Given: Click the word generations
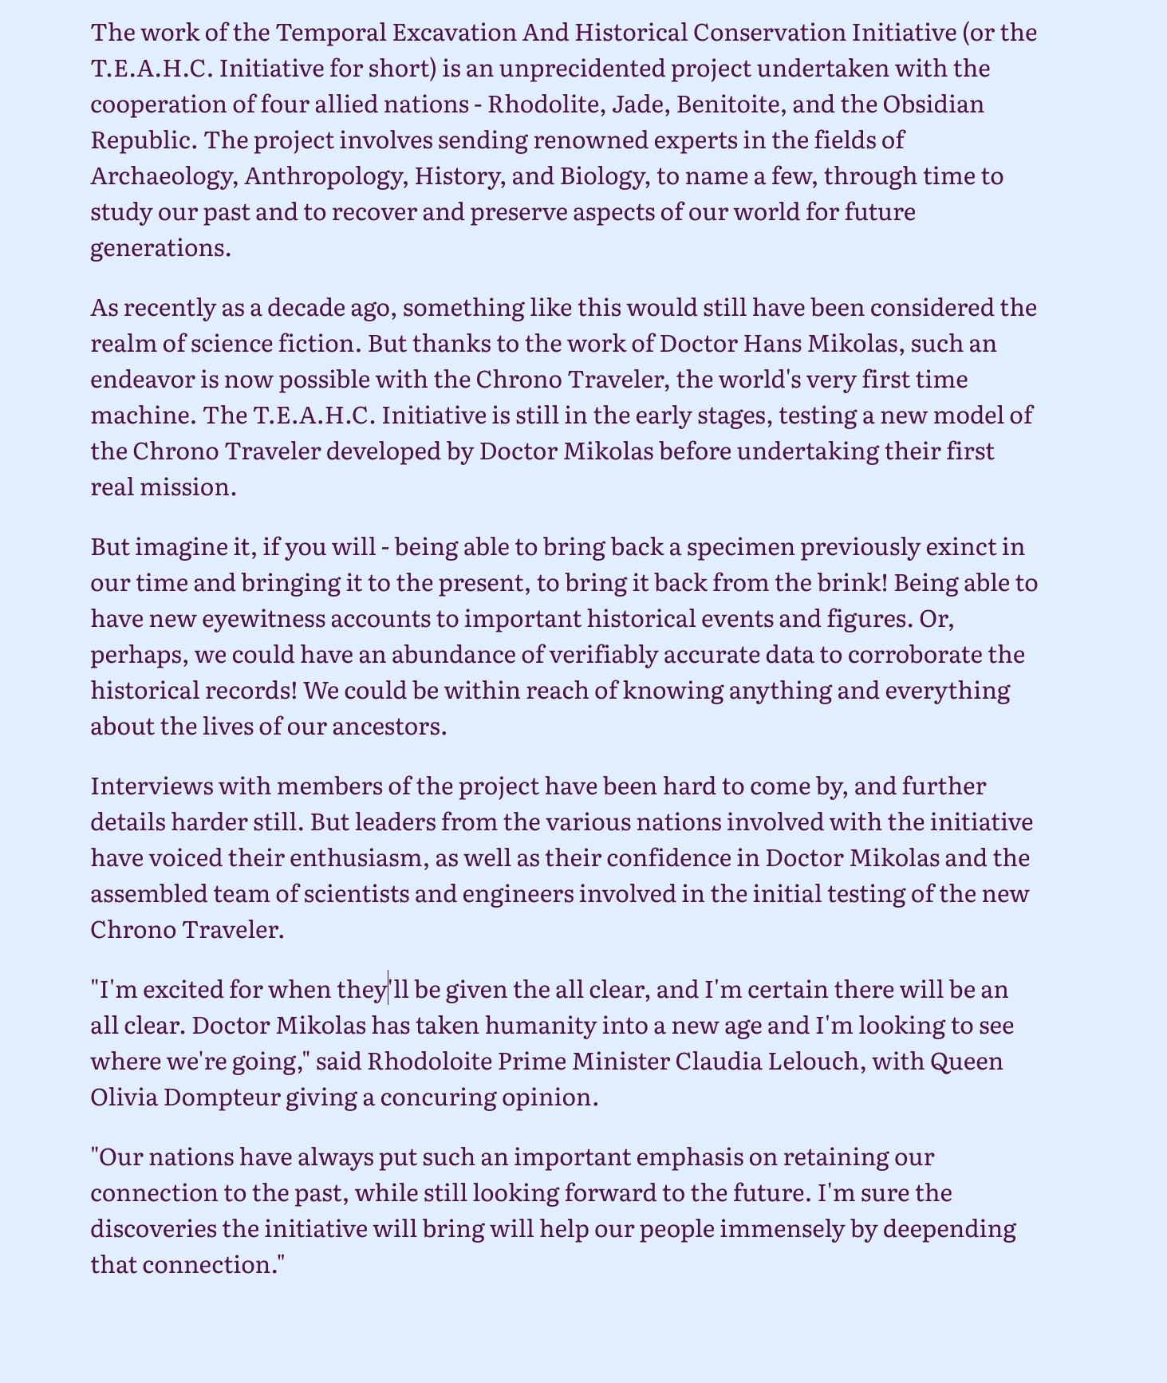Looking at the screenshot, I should click(160, 248).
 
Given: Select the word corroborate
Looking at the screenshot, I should click(904, 655).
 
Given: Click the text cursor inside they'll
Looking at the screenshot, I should click(388, 990).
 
